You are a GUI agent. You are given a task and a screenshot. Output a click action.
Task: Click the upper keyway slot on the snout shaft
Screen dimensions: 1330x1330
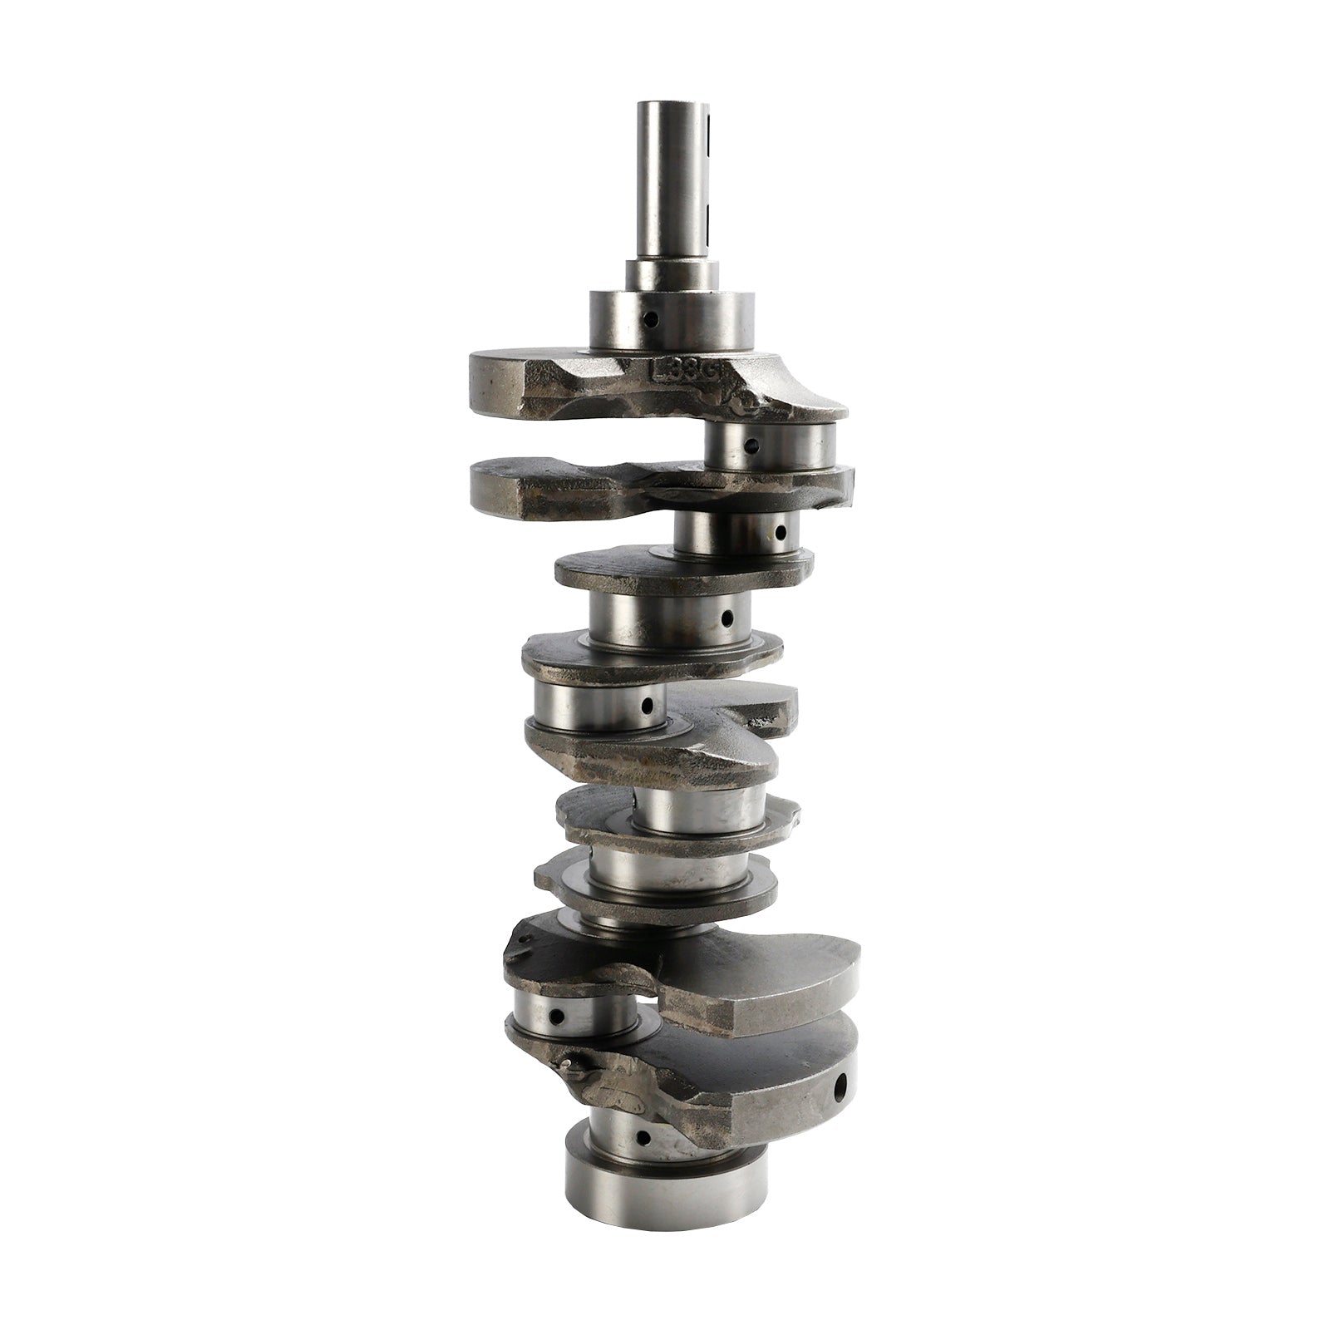(709, 133)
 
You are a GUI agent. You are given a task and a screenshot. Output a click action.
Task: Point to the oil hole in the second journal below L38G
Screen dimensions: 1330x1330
(779, 531)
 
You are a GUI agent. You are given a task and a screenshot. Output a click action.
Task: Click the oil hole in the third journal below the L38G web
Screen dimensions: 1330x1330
(726, 618)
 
